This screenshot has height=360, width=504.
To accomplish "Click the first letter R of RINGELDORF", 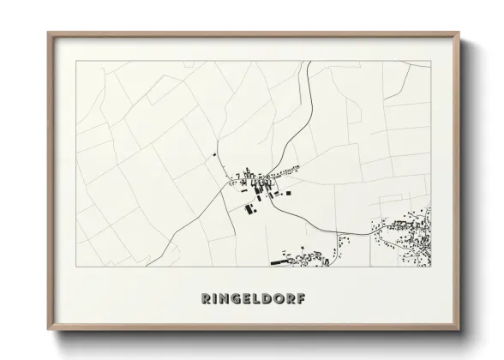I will point(206,299).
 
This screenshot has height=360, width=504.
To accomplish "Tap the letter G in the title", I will point(231,299).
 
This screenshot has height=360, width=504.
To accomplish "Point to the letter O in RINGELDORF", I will point(278,299).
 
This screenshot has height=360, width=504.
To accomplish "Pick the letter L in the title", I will point(254,299).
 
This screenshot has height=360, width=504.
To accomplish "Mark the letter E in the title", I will point(243,299).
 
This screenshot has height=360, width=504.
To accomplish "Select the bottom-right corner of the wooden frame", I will point(460,331).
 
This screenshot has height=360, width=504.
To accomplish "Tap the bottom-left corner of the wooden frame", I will point(48,331).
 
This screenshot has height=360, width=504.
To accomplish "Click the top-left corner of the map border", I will point(76,61).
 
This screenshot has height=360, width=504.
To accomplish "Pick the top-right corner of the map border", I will point(430,61).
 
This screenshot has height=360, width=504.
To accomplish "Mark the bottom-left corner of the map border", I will point(76,266).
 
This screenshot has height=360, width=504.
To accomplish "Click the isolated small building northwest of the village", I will point(213,155).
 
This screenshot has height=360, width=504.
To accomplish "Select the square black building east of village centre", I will point(288,193).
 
